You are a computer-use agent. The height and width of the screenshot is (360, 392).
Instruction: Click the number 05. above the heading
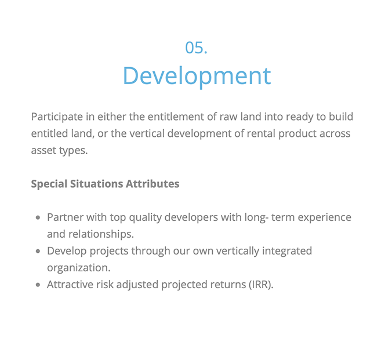point(196,48)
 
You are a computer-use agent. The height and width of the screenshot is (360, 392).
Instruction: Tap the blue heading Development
point(197,77)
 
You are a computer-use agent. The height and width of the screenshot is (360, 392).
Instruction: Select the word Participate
point(57,117)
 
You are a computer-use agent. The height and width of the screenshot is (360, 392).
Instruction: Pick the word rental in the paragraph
point(262,133)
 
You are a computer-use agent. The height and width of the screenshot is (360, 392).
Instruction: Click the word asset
point(43,151)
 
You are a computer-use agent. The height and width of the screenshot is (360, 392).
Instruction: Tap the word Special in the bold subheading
point(49,184)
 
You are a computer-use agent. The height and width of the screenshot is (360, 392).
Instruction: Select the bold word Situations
point(96,184)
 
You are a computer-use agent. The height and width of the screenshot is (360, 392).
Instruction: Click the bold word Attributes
point(153,184)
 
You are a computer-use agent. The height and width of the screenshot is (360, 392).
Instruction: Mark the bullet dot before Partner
point(38,217)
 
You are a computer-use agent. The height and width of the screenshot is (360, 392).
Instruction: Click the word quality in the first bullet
point(146,218)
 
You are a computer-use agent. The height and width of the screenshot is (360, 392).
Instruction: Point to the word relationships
point(101,235)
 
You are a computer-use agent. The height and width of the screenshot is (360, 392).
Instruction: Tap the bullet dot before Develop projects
point(38,251)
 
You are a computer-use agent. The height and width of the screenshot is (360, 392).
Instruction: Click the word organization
point(79,268)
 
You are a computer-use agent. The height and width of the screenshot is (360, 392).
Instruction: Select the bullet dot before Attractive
point(38,285)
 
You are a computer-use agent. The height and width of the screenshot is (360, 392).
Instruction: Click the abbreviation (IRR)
point(261,285)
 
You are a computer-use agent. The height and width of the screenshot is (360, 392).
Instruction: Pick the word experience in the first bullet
point(325,218)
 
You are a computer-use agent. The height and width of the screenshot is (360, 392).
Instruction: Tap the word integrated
point(287,251)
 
